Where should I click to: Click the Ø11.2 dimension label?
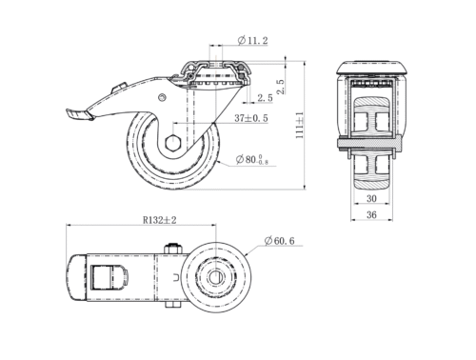pos(252,40)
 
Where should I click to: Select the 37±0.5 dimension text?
pos(251,118)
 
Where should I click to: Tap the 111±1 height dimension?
pos(299,125)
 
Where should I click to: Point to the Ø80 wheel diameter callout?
pos(252,159)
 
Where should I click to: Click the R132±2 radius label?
pos(159,220)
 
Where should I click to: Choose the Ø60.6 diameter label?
pos(279,241)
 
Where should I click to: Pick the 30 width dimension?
pos(371,199)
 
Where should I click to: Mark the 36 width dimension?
pos(371,215)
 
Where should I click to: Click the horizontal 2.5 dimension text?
pos(265,98)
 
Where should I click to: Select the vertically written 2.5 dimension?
pos(281,87)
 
